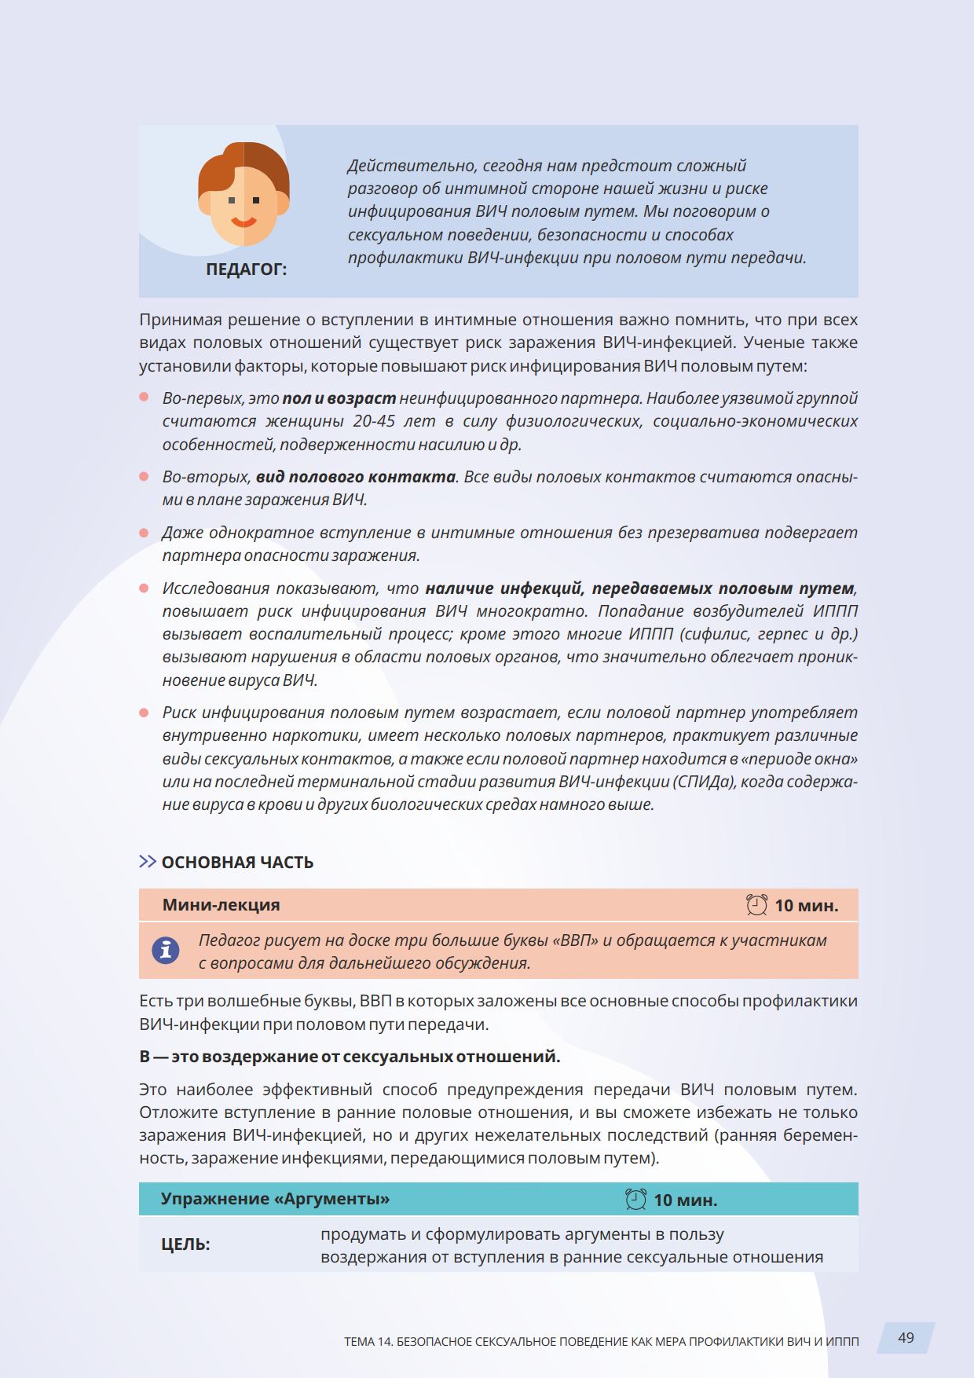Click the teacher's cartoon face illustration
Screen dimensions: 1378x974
243,196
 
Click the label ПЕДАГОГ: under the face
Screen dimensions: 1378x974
247,269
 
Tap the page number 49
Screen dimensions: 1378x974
906,1337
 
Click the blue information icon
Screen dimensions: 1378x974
166,951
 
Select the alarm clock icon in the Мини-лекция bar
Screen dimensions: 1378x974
756,905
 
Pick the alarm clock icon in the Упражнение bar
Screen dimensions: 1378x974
635,1200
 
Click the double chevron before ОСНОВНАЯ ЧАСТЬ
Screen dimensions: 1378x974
147,862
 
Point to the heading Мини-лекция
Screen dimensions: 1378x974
222,905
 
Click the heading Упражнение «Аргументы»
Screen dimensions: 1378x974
275,1199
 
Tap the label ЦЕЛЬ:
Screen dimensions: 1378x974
185,1244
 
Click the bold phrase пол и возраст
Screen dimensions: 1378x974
339,398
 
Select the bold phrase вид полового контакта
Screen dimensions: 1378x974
356,477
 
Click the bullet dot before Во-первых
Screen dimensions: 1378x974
144,397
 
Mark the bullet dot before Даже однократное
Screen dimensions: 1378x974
144,533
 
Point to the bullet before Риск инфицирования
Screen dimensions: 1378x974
144,713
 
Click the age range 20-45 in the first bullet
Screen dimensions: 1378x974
374,421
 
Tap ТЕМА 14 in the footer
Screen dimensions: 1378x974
368,1341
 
